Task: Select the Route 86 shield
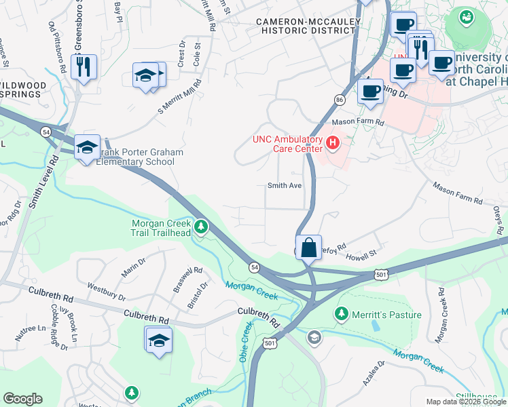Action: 339,100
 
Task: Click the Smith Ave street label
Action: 284,185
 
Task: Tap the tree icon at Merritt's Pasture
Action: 342,315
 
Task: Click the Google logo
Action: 22,399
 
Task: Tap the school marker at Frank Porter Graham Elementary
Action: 87,147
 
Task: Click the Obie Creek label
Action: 245,341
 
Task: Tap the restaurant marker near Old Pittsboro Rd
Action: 84,66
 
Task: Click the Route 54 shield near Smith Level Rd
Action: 46,131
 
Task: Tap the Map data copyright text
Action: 465,401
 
